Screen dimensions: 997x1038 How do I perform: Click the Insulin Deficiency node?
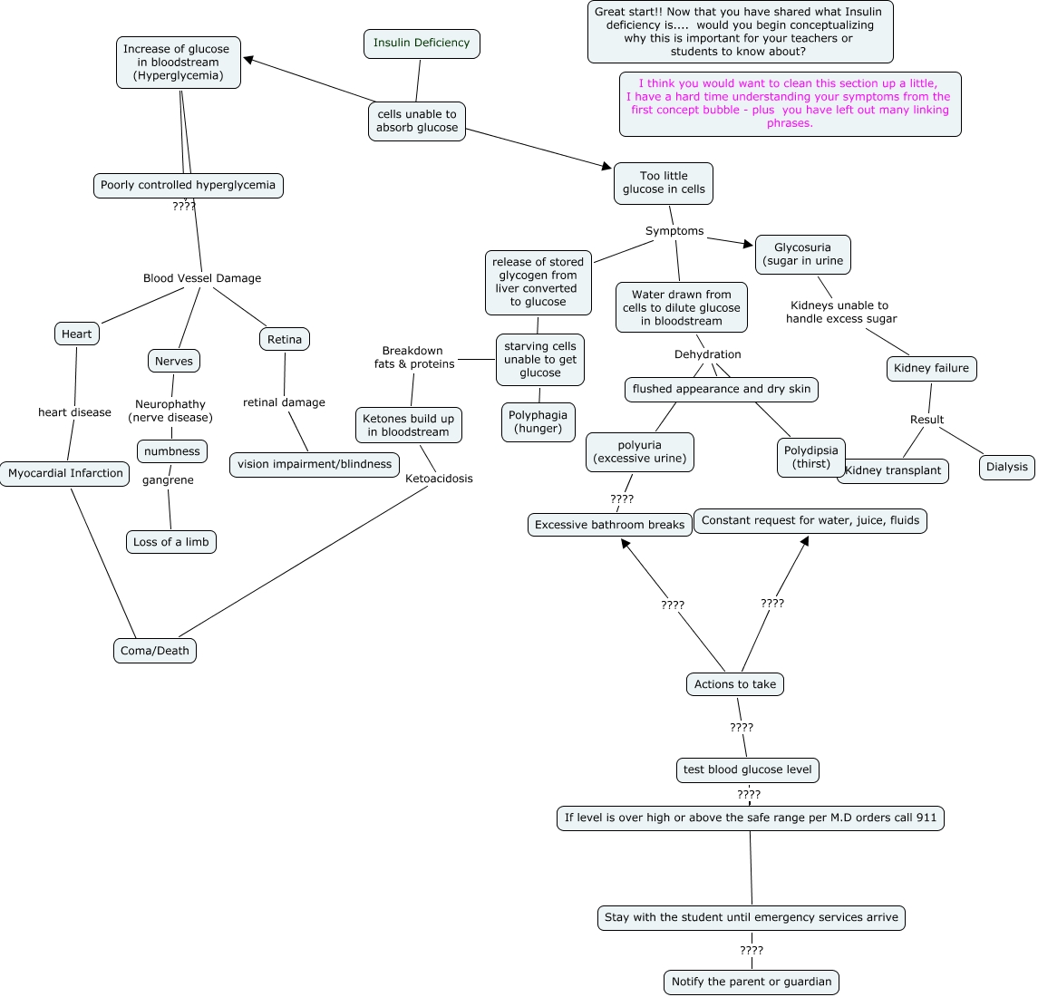pyautogui.click(x=422, y=44)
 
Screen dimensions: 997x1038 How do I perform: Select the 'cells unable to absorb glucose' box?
pyautogui.click(x=417, y=121)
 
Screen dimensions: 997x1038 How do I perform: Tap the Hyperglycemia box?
pyautogui.click(x=179, y=63)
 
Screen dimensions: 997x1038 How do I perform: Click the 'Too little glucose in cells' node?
pyautogui.click(x=664, y=183)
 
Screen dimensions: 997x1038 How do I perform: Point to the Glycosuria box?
pyautogui.click(x=803, y=255)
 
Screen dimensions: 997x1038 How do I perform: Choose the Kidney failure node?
pyautogui.click(x=931, y=369)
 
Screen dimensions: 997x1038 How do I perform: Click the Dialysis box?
pyautogui.click(x=1007, y=468)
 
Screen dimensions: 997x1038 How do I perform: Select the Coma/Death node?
pyautogui.click(x=155, y=652)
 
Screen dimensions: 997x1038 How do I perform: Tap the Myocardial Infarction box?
pyautogui.click(x=65, y=474)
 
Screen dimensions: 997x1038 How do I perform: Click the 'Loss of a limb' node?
pyautogui.click(x=171, y=543)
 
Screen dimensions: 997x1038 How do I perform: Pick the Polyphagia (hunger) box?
pyautogui.click(x=538, y=422)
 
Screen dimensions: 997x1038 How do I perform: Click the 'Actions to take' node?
pyautogui.click(x=735, y=685)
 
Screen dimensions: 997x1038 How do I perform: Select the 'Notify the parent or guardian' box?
pyautogui.click(x=752, y=982)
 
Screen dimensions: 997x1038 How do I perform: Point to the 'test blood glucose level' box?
pyautogui.click(x=748, y=770)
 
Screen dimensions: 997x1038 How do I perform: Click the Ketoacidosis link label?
pyautogui.click(x=439, y=479)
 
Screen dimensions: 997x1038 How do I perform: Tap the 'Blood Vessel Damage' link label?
pyautogui.click(x=202, y=279)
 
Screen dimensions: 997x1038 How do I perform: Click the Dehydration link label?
pyautogui.click(x=708, y=355)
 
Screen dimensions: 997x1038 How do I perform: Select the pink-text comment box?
pyautogui.click(x=790, y=104)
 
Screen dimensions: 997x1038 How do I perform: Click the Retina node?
pyautogui.click(x=285, y=340)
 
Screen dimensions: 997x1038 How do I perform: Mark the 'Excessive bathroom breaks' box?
pyautogui.click(x=610, y=526)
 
